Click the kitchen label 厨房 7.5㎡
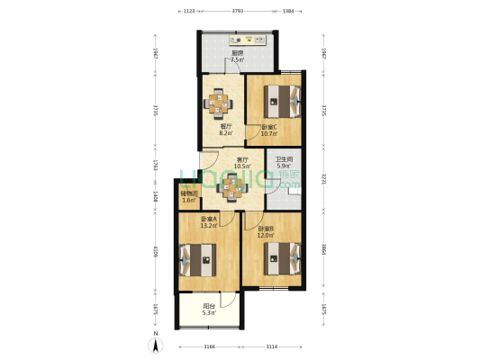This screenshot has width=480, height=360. [238, 57]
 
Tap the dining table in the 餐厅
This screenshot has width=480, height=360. [220, 103]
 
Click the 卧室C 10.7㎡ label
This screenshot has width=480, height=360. [270, 130]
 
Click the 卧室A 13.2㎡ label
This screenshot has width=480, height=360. [208, 223]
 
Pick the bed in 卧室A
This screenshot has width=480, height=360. [199, 263]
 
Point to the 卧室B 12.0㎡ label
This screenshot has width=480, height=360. [267, 232]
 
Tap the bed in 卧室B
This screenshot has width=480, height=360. [280, 260]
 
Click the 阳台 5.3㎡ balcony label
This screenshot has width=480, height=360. [208, 310]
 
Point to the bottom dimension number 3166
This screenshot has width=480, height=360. [208, 346]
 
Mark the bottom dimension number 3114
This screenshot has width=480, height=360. [271, 346]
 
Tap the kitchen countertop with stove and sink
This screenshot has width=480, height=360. [246, 40]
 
